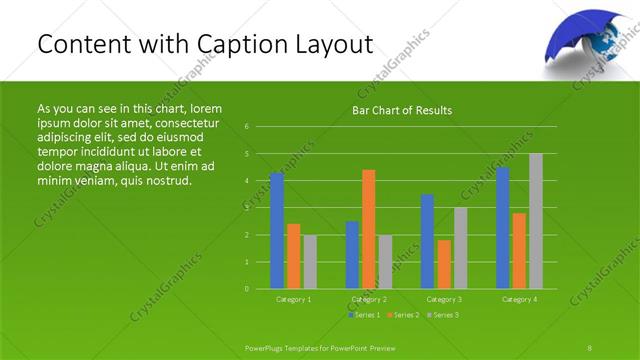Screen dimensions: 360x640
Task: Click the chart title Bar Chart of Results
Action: (x=402, y=110)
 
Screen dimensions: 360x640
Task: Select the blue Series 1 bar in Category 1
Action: (x=277, y=230)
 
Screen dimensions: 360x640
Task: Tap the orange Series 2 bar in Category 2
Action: (x=369, y=229)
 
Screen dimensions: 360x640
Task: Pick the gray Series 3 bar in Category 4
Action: (x=536, y=221)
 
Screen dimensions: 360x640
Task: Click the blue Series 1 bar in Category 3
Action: (x=428, y=241)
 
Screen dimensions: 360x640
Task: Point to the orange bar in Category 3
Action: (x=444, y=264)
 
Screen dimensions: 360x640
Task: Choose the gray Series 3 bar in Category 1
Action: (x=310, y=262)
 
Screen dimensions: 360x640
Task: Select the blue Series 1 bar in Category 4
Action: (x=503, y=228)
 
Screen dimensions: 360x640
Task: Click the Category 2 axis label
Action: (x=369, y=299)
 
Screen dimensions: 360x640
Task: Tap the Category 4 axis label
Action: (x=520, y=299)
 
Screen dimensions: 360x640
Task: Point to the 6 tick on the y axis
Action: (x=247, y=127)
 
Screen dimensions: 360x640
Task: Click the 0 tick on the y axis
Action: (x=247, y=288)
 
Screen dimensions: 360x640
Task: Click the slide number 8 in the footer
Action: (x=590, y=347)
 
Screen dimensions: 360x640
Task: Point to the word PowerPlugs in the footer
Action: (x=267, y=347)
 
